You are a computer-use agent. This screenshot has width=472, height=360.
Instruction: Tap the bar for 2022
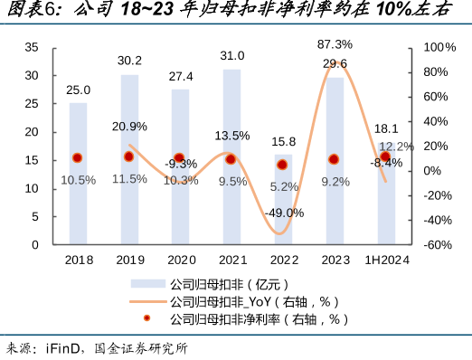(x=283, y=199)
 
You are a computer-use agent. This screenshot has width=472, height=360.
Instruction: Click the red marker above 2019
(x=129, y=156)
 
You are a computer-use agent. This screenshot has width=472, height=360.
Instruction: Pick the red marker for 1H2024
(x=386, y=157)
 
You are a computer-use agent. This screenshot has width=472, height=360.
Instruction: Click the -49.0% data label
(x=282, y=213)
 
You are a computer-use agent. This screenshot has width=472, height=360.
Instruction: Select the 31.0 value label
(x=231, y=56)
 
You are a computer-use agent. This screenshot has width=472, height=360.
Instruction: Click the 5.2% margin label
(x=283, y=186)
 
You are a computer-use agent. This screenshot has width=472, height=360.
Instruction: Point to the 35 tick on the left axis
(x=32, y=47)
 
